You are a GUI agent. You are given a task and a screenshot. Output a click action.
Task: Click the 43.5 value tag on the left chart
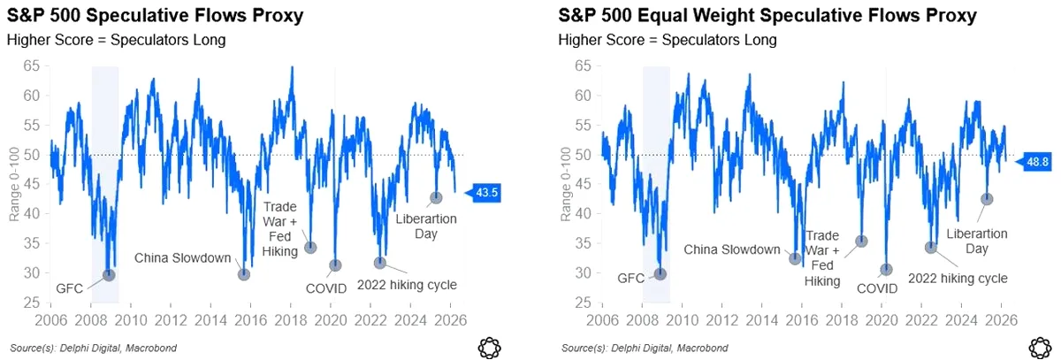point(482,193)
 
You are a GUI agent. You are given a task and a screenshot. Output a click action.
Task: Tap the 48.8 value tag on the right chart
point(1033,162)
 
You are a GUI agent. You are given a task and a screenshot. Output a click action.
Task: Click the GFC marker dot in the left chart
point(109,275)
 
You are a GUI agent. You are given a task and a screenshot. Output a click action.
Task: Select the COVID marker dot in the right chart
point(886,270)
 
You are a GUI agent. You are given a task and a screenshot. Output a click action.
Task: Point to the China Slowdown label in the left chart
point(183,258)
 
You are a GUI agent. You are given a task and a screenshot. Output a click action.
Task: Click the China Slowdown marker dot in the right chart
point(795,258)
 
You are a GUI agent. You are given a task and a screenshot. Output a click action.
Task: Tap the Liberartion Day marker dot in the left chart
point(436,197)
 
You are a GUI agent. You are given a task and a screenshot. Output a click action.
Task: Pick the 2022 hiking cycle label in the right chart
point(958,279)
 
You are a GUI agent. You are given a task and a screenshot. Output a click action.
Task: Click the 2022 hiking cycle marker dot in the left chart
point(380,263)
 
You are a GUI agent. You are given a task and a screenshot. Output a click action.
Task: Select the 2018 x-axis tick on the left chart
point(291,320)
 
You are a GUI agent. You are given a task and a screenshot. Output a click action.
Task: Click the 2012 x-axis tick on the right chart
point(721,320)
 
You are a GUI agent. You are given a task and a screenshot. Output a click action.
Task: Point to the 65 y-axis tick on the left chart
point(31,65)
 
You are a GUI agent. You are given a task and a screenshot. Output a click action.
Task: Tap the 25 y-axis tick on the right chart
point(583,303)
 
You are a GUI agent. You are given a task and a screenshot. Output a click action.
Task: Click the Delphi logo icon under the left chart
point(489,348)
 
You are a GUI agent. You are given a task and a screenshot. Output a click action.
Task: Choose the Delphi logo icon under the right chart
point(1041,348)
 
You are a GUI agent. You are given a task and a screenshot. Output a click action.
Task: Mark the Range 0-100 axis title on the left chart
point(14,184)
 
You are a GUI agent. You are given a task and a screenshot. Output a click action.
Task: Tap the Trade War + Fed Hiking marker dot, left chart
point(310,248)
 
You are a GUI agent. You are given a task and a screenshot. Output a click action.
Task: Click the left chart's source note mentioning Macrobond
point(94,349)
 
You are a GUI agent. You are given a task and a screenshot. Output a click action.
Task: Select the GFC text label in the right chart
point(631,278)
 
